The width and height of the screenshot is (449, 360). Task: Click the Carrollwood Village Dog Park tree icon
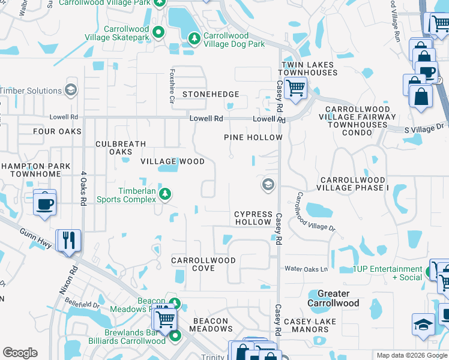pyautogui.click(x=194, y=38)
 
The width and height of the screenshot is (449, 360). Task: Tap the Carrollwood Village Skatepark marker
pyautogui.click(x=158, y=31)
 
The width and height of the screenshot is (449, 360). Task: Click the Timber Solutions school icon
pyautogui.click(x=71, y=90)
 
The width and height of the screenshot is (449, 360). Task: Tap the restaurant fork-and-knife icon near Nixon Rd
pyautogui.click(x=68, y=240)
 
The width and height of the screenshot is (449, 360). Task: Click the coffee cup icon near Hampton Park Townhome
pyautogui.click(x=45, y=203)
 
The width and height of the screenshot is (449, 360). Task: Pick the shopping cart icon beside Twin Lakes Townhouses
pyautogui.click(x=295, y=88)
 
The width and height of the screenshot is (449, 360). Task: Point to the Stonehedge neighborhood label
pyautogui.click(x=211, y=94)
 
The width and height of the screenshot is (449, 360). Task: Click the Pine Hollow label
pyautogui.click(x=253, y=137)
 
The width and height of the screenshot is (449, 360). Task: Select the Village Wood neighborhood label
pyautogui.click(x=172, y=161)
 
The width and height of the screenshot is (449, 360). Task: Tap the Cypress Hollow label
pyautogui.click(x=253, y=218)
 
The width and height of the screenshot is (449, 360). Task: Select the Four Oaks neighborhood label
pyautogui.click(x=57, y=131)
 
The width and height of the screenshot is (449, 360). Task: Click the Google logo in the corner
pyautogui.click(x=20, y=353)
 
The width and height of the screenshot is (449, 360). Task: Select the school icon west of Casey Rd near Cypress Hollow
pyautogui.click(x=266, y=185)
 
